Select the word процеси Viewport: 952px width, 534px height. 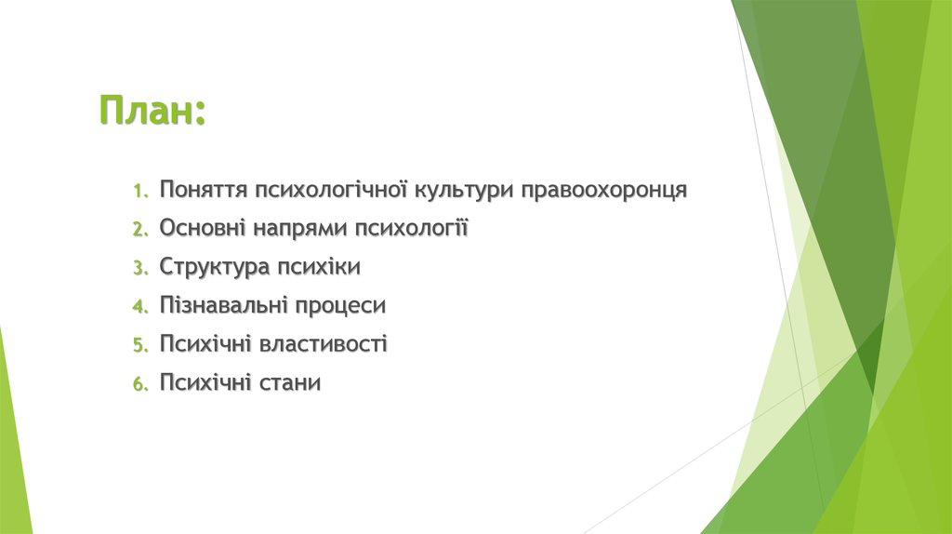[342, 306]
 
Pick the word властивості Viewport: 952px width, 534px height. [324, 344]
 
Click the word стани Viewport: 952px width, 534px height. [290, 382]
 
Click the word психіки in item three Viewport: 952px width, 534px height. [318, 267]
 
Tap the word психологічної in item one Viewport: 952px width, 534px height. [330, 191]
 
